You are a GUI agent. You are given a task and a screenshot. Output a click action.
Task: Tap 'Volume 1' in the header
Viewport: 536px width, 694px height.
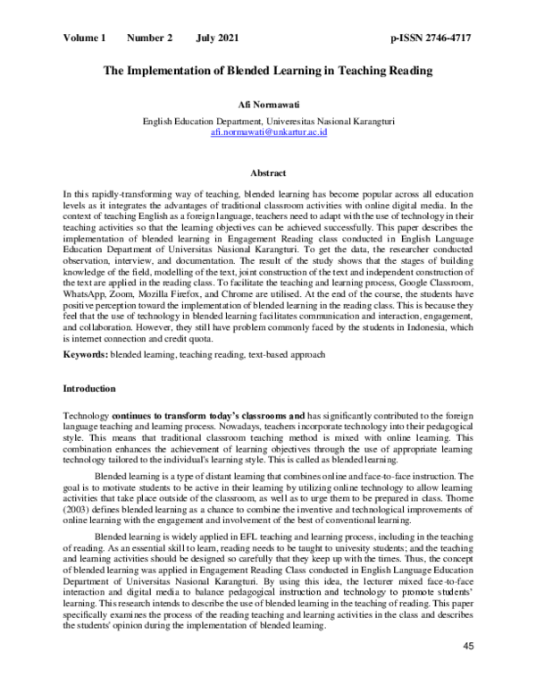(x=85, y=38)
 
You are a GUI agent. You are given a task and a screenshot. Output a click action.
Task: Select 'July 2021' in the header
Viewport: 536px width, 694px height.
(x=217, y=38)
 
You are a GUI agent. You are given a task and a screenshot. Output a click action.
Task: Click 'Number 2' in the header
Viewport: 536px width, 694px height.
(x=150, y=38)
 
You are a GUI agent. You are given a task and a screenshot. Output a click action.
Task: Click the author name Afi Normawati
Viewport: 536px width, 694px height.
(x=268, y=105)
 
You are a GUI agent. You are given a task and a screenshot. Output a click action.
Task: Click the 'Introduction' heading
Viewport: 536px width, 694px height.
(x=90, y=390)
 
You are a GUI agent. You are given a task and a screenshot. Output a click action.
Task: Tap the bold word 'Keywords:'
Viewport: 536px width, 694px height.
(x=86, y=356)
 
